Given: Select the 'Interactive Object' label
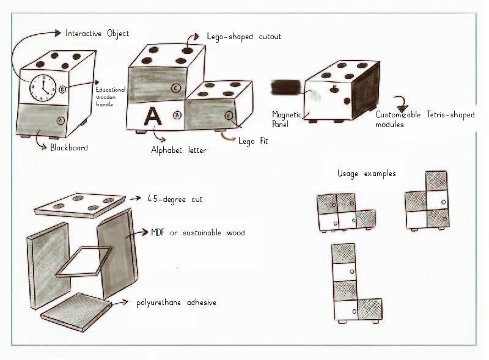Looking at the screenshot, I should pos(97,33).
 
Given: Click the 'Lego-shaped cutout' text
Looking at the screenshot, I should pos(244,37).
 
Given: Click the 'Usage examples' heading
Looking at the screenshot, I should pos(366,174).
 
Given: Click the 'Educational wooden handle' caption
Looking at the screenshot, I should pos(111,96).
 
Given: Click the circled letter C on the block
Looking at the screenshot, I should pos(175,88).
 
